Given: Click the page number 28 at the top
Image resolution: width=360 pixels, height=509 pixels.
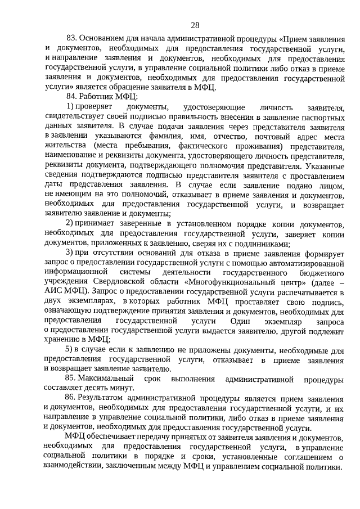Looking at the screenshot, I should (195, 25).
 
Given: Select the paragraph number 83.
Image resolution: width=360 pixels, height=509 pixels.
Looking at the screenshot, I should (71, 38).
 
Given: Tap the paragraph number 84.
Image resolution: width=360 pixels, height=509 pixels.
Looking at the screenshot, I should (71, 96).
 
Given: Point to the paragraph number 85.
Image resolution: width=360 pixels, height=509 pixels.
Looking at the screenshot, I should (71, 379).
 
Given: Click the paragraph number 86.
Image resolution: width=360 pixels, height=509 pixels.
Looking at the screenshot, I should (71, 398).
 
